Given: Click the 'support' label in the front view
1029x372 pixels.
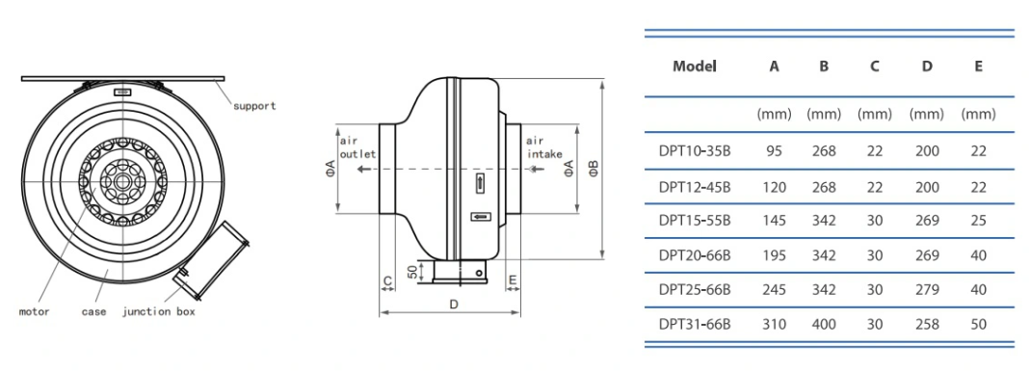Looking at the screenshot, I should pos(254,106).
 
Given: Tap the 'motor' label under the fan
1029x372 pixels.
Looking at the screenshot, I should pos(34,312).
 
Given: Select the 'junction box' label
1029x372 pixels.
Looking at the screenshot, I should pos(160,312).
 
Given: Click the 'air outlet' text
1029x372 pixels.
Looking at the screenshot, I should pos(356,146).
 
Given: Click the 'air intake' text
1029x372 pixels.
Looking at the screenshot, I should pos(541,146).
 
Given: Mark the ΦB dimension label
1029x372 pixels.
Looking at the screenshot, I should pos(594,169).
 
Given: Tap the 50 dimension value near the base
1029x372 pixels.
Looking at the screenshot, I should pos(411,272).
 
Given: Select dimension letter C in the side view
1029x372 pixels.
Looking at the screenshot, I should pos(387,281).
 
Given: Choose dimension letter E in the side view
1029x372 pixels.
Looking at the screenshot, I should pos(513,281).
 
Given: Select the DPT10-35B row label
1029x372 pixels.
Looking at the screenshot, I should pos(695,151).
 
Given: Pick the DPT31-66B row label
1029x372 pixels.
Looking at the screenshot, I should pos(695,324).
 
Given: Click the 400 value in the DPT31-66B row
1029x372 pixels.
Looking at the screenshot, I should pos(824,324).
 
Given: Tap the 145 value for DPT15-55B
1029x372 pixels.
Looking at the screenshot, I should pos(774,220).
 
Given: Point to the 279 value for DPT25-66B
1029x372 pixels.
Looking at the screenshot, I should pos(926,289).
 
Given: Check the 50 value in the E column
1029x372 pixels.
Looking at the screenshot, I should pos(978,324).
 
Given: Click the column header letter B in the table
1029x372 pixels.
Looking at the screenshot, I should pos(824,66).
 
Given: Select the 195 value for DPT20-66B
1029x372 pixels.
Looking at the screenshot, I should pos(774,255).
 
